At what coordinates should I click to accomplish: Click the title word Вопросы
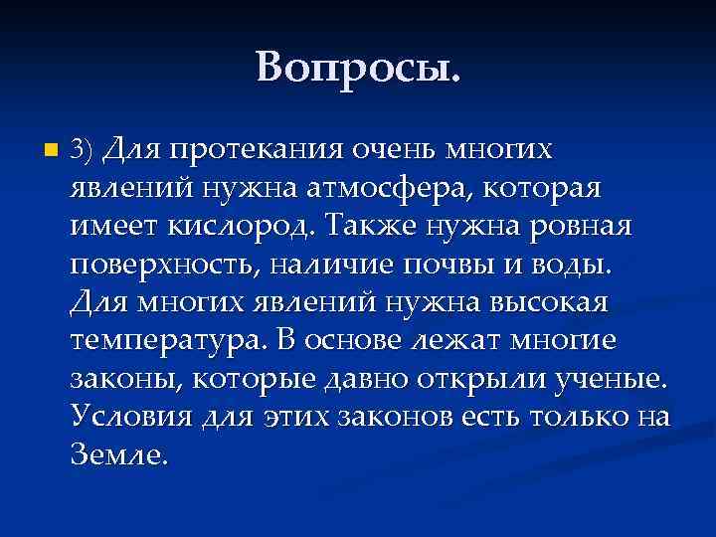[x=358, y=67]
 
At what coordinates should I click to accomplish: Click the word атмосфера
[x=384, y=189]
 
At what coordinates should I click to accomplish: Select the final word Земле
[x=120, y=452]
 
